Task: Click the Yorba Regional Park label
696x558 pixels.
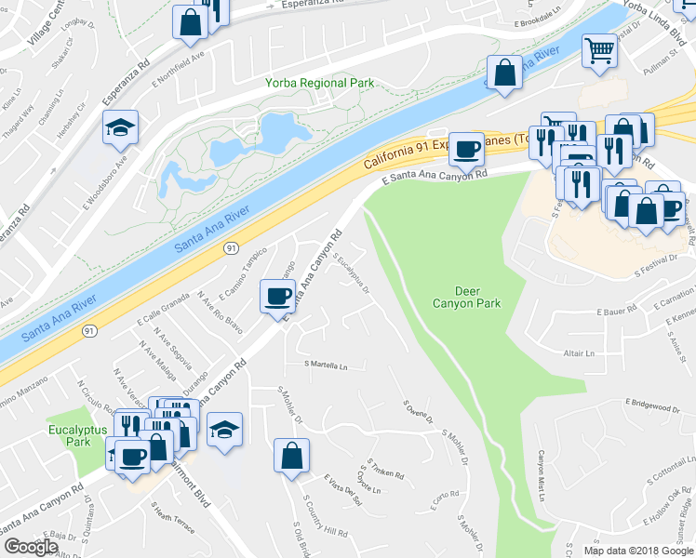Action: click(320, 83)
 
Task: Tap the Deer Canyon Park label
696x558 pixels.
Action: click(466, 297)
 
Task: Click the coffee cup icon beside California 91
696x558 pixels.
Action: click(467, 148)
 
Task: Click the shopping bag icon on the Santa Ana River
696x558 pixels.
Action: click(504, 73)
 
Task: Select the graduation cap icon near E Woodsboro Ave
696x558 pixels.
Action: click(120, 127)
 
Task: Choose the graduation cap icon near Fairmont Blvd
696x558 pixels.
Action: click(224, 431)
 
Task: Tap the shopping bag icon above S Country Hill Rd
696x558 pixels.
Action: click(292, 456)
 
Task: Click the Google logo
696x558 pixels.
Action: click(30, 547)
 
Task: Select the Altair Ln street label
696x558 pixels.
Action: click(578, 353)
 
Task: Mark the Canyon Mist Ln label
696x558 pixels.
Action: click(539, 477)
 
